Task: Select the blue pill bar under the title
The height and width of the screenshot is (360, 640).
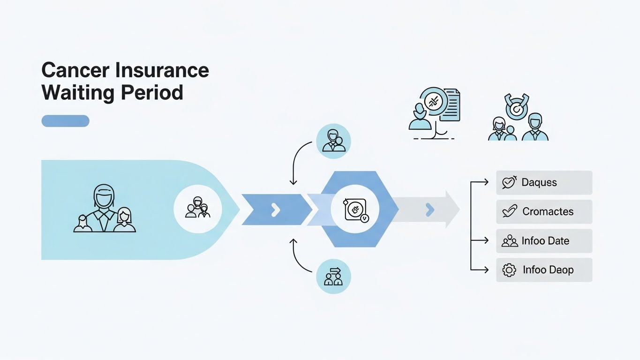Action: click(x=65, y=121)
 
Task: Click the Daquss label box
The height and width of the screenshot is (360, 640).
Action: click(x=544, y=182)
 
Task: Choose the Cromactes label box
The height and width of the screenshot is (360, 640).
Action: click(x=544, y=211)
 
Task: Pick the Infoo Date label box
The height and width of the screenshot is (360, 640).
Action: click(x=544, y=241)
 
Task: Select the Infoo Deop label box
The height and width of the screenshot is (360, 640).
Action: click(x=544, y=270)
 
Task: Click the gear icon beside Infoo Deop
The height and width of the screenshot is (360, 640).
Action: click(x=509, y=270)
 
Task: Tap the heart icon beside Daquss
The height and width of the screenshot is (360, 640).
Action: click(x=509, y=182)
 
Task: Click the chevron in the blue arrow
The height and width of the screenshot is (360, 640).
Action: click(x=276, y=210)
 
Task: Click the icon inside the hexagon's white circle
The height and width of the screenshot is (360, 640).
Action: click(x=355, y=210)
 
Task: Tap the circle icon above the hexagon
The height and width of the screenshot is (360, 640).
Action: click(x=333, y=141)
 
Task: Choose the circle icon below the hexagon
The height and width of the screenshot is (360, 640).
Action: click(x=333, y=277)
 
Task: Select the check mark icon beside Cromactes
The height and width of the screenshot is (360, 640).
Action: click(x=509, y=211)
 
